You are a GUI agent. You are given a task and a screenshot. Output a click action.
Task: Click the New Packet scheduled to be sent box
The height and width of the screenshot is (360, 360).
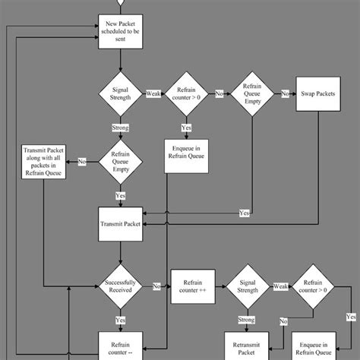120,33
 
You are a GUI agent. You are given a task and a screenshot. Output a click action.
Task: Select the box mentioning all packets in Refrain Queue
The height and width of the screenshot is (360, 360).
44,162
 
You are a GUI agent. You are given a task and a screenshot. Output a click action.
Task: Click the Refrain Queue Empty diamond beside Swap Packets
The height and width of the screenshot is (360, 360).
252,94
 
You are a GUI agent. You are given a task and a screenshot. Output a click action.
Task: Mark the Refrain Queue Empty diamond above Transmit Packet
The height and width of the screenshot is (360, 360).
120,161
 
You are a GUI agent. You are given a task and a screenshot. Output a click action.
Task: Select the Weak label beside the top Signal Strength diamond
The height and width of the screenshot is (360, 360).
153,94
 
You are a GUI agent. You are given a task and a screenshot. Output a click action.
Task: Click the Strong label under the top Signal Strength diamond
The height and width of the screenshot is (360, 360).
120,128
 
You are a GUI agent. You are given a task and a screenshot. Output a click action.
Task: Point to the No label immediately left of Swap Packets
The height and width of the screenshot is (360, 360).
286,94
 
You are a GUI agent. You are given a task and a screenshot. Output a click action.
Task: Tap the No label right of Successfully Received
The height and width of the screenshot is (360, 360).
156,286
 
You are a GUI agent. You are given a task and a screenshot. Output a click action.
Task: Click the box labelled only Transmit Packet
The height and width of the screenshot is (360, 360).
120,224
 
